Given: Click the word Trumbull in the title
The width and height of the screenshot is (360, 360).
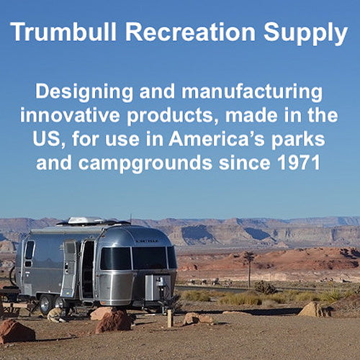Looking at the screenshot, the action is click(x=63, y=32).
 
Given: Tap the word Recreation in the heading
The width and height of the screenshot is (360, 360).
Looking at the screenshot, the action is click(x=190, y=32).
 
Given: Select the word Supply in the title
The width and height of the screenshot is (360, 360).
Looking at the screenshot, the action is click(x=306, y=34).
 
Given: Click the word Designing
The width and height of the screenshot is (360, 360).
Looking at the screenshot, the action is click(x=84, y=93).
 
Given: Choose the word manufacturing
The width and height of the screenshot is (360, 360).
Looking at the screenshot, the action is click(x=252, y=93).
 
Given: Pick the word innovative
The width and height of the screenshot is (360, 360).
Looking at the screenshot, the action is click(x=70, y=115).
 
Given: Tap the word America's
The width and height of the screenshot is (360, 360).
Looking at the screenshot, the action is click(x=217, y=139).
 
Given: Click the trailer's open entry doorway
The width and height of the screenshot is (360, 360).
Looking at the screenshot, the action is click(x=88, y=269).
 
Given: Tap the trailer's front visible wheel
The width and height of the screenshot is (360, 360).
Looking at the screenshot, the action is click(x=45, y=305).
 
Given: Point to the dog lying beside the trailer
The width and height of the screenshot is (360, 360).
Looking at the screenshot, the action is click(x=57, y=315).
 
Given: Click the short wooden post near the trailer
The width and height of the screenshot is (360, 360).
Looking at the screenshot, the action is click(x=170, y=318).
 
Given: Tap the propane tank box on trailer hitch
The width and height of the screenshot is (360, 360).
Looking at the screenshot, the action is click(x=158, y=288).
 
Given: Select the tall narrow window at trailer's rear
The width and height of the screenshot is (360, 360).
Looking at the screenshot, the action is click(x=30, y=250).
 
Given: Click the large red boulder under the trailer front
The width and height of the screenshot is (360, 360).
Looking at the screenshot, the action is click(x=114, y=322).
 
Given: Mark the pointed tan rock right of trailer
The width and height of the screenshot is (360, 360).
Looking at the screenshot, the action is click(x=311, y=310).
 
